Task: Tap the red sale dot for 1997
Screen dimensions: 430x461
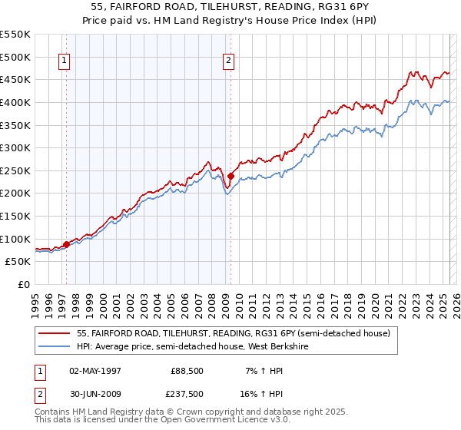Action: click(x=66, y=244)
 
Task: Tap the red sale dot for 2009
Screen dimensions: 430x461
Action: click(x=231, y=177)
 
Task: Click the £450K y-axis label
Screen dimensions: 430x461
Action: click(x=15, y=79)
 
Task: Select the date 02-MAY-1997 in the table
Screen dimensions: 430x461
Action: click(x=95, y=371)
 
